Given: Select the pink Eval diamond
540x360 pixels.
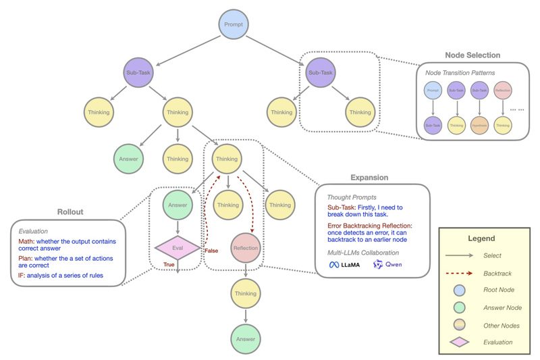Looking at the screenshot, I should pyautogui.click(x=178, y=249).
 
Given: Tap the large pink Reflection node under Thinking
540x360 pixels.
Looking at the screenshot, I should pyautogui.click(x=246, y=249).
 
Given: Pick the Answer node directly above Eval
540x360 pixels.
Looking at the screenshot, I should pyautogui.click(x=178, y=205).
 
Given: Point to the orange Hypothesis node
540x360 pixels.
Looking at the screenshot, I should pyautogui.click(x=481, y=125).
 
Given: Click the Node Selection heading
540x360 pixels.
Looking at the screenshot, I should pyautogui.click(x=472, y=55).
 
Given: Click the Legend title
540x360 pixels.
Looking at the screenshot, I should pyautogui.click(x=481, y=238).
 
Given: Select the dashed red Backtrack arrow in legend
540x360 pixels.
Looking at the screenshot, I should pyautogui.click(x=460, y=272).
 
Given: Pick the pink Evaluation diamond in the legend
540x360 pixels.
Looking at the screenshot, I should pyautogui.click(x=460, y=342).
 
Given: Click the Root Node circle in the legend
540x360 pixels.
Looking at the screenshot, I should pyautogui.click(x=460, y=289).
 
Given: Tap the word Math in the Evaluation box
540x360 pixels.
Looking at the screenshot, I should pyautogui.click(x=27, y=242).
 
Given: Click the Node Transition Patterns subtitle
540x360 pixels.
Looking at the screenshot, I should pyautogui.click(x=457, y=72).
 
